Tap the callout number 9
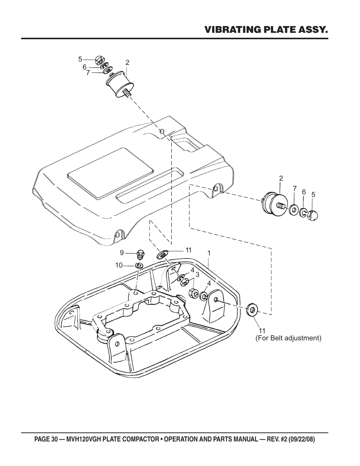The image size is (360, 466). (x=122, y=252)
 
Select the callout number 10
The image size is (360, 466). (x=119, y=265)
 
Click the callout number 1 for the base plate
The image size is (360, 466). (x=208, y=253)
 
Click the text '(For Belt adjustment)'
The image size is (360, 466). (x=288, y=338)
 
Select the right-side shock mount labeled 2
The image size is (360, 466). (x=275, y=204)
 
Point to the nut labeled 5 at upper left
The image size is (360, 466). (x=100, y=59)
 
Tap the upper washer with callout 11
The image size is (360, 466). (x=164, y=254)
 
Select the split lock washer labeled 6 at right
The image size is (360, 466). (x=304, y=213)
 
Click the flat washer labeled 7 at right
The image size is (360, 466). (x=294, y=209)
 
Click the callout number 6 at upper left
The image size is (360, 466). (x=85, y=67)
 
